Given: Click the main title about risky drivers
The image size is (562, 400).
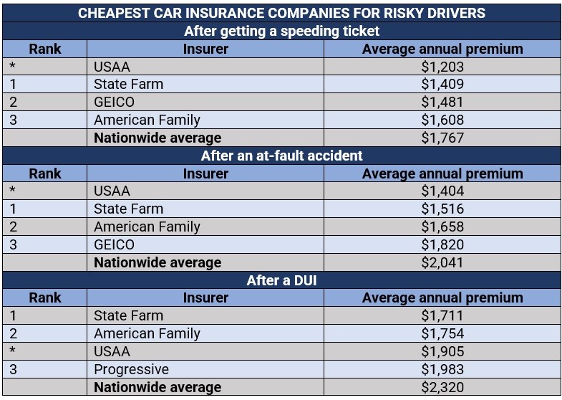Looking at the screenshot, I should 281,13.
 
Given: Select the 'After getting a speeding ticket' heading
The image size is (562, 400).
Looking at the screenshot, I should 281,31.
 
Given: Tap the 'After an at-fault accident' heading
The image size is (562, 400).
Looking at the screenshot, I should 281,156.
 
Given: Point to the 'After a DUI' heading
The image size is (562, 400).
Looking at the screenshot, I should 281,280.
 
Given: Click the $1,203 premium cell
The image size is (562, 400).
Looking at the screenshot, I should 442,67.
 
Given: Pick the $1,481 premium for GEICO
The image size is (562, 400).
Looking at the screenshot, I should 442,102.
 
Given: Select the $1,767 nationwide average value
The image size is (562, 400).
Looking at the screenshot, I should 442,138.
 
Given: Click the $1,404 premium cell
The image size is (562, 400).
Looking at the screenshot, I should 442,191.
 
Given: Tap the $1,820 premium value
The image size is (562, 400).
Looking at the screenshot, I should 442,244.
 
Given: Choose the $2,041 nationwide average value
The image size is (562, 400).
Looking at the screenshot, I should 442,262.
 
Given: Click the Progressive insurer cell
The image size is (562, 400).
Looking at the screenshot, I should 131,369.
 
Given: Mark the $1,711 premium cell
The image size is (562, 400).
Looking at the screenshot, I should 442,315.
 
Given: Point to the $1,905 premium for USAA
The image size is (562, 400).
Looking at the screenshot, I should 442,351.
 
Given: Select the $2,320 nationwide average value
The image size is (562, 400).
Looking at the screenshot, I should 442,387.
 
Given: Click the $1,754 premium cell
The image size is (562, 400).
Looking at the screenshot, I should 442,333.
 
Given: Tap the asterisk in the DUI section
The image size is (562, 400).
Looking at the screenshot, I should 13,352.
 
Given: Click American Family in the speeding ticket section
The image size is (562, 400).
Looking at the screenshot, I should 147,120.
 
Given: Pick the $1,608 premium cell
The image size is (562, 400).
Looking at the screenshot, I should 442,120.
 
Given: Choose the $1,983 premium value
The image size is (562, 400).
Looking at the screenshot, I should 442,369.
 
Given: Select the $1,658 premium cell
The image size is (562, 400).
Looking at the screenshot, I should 442,227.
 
